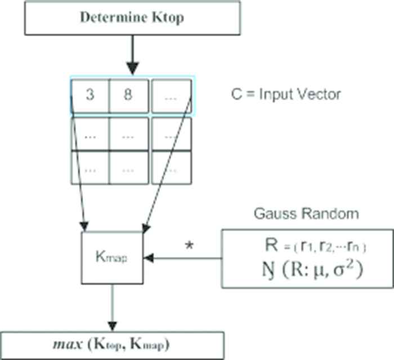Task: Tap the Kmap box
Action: click(x=113, y=258)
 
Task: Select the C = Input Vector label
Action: click(x=286, y=94)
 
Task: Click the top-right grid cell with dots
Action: click(x=171, y=96)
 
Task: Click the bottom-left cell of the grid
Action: click(x=90, y=168)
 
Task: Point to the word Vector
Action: click(x=320, y=94)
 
